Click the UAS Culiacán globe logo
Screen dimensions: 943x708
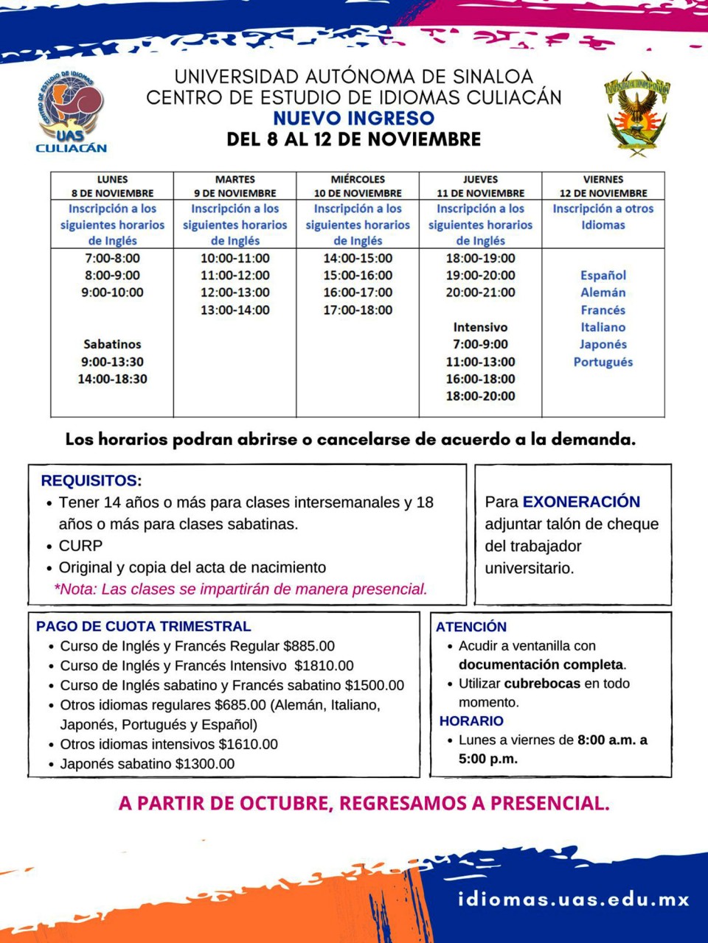(x=72, y=112)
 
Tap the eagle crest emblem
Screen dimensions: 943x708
(x=637, y=113)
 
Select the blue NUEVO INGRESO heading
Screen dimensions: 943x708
(x=353, y=118)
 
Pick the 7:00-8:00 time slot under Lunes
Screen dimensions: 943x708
(x=112, y=258)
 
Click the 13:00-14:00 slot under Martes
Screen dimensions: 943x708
(x=235, y=310)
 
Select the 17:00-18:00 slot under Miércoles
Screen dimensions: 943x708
(x=358, y=310)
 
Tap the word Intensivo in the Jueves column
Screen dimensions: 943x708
(x=480, y=327)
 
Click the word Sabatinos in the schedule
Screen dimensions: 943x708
(x=112, y=344)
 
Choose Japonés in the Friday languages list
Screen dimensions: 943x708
(x=603, y=344)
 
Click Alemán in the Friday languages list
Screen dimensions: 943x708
(x=603, y=292)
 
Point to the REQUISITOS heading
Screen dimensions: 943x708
(x=91, y=481)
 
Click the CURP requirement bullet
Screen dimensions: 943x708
(x=80, y=546)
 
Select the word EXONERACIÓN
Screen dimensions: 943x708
(x=581, y=502)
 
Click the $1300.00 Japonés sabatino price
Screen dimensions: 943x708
(x=205, y=764)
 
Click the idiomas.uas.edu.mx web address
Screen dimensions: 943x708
(x=574, y=900)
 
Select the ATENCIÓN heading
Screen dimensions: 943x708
(x=471, y=627)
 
